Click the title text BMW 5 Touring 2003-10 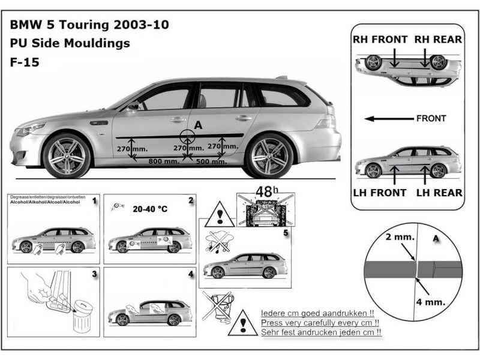click(x=89, y=25)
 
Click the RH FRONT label click(x=380, y=40)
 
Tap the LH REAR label click(x=439, y=193)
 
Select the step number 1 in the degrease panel click(x=94, y=202)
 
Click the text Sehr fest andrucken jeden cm click(x=322, y=332)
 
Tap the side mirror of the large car click(x=133, y=106)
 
